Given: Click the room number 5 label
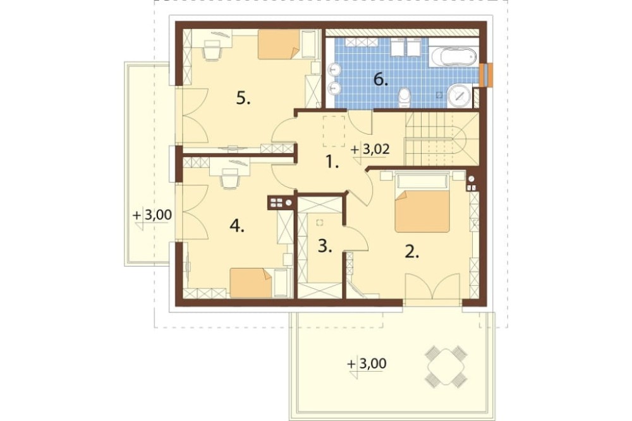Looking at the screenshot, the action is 243,97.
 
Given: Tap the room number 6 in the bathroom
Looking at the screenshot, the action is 380,80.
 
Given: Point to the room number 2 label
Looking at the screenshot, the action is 412,252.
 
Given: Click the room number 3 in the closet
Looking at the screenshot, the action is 324,245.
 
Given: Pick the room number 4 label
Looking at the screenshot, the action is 237,227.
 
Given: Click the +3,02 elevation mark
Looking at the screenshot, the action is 370,150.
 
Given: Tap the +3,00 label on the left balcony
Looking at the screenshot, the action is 152,215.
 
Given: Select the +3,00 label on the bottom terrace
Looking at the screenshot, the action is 367,363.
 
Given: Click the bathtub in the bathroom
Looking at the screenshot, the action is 453,56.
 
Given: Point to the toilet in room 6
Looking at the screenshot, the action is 403,98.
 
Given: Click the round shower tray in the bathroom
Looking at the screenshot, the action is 459,95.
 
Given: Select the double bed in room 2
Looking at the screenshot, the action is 422,202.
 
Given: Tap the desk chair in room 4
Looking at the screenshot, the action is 229,178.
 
